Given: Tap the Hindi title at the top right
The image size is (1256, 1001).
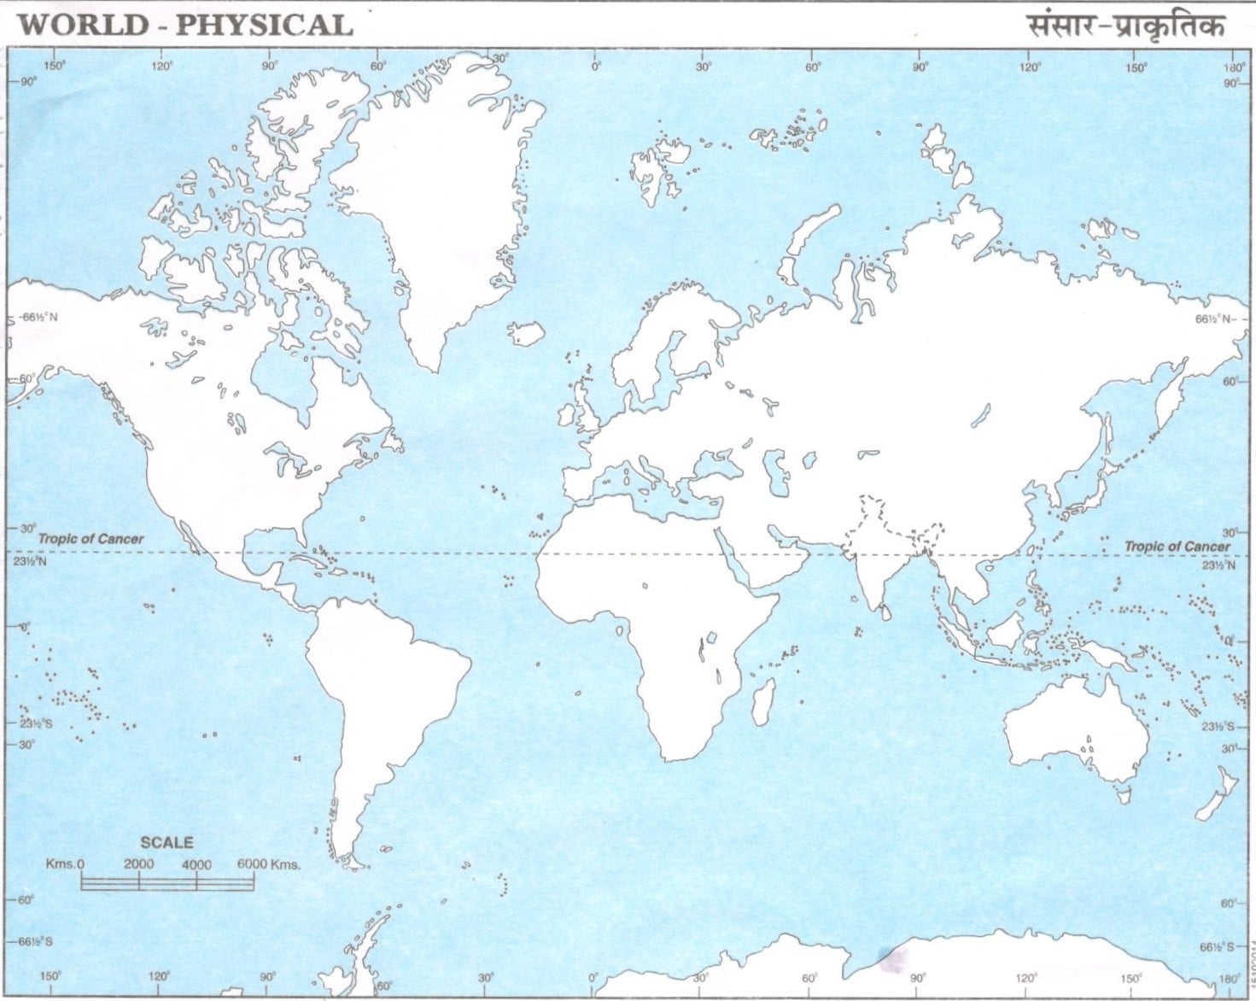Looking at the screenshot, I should (1125, 26).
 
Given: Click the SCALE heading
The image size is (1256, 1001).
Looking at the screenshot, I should (166, 842).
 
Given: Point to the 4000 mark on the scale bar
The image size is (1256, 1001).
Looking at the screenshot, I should (196, 864).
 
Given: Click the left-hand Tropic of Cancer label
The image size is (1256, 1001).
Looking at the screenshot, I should (91, 539).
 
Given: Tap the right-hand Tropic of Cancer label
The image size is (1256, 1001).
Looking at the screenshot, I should (1177, 546).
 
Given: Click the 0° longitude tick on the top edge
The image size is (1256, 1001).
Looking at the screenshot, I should (595, 67).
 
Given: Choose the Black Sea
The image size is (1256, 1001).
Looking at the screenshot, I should (713, 464).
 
